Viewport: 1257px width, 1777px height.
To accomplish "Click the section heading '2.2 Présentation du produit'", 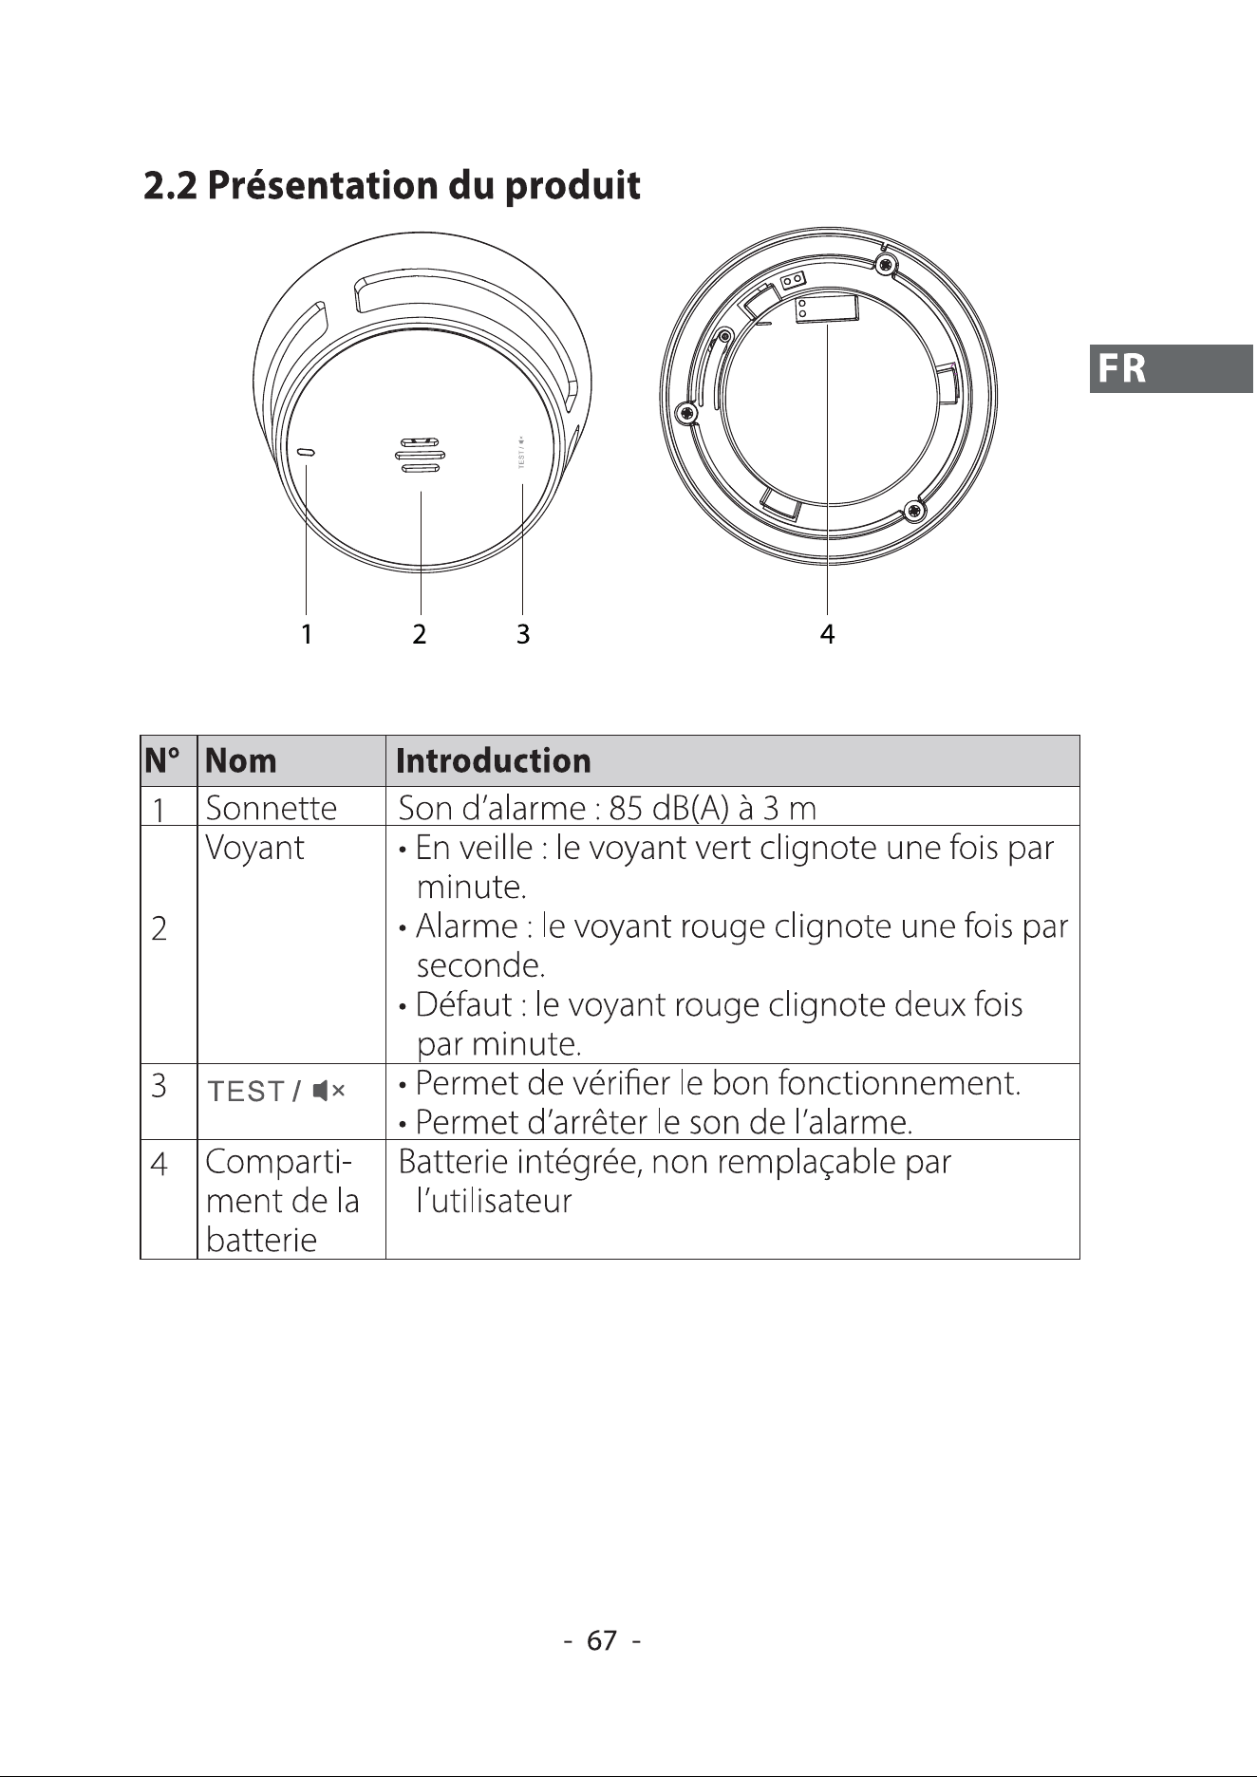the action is pos(392,185).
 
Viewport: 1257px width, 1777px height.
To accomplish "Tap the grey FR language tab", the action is pos(1172,368).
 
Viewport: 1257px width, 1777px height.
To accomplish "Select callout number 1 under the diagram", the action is pos(306,634).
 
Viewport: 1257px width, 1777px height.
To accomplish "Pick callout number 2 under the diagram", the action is pos(420,634).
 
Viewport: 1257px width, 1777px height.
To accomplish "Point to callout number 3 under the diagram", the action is pos(523,634).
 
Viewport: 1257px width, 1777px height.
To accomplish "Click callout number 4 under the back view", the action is pos(827,634).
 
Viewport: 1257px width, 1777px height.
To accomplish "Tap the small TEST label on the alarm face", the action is pos(520,452).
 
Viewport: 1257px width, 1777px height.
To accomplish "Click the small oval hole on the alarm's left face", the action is pos(307,453).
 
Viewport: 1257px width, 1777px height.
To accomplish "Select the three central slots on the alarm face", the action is pos(418,455).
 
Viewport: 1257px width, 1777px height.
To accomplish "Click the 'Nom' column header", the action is pos(241,761).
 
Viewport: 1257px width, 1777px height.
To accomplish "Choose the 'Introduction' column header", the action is pos(494,761).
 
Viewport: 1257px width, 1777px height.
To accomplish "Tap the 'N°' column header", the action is pos(163,761).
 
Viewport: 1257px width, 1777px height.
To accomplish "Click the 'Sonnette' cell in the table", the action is pos(272,808).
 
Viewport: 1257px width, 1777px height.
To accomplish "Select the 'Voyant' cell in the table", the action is pos(255,848).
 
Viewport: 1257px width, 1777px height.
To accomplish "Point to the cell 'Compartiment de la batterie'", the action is pos(282,1201).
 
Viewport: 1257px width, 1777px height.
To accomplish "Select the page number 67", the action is pos(602,1640).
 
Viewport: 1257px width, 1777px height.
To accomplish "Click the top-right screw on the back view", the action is pos(886,263).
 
